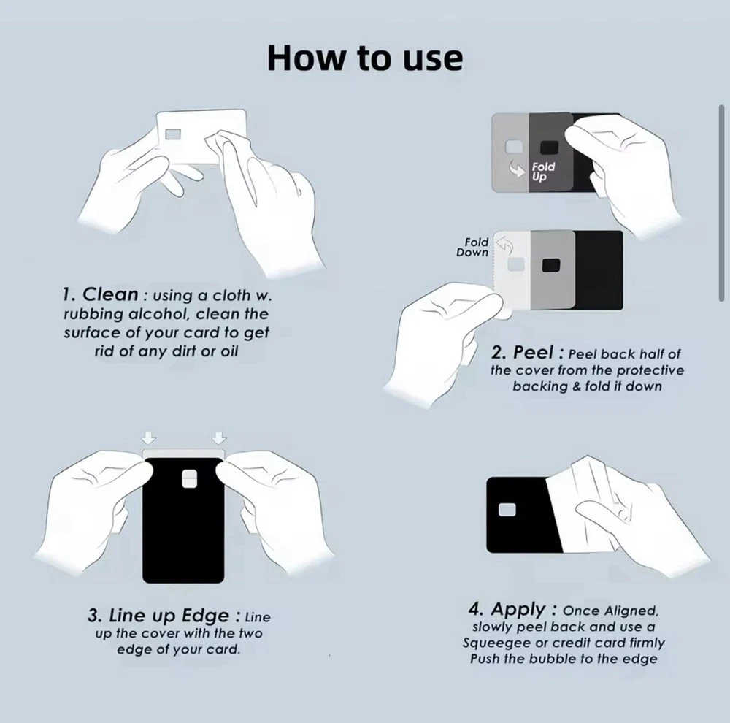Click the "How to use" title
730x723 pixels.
[365, 58]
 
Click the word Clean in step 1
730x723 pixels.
[110, 294]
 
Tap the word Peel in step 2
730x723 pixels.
[533, 353]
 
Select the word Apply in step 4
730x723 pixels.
[518, 609]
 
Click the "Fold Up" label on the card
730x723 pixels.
[543, 172]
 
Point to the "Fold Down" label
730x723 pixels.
[472, 248]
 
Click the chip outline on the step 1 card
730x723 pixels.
[173, 134]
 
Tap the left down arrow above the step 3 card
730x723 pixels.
[149, 438]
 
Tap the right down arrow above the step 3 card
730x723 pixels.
[219, 438]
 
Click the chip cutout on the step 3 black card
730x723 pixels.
[189, 479]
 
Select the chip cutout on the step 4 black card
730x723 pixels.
[507, 510]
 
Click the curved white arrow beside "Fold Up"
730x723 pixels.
[518, 169]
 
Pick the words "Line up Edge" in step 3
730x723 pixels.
[158, 616]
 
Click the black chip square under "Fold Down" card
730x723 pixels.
[550, 265]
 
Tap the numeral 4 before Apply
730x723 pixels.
[476, 609]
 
